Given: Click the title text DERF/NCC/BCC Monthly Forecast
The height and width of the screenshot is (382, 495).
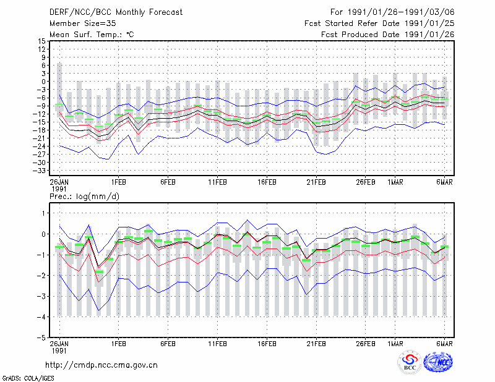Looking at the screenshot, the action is (x=116, y=12).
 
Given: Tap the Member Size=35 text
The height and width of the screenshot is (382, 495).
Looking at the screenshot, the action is (x=83, y=23).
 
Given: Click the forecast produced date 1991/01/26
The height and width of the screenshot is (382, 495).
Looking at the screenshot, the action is (x=429, y=35).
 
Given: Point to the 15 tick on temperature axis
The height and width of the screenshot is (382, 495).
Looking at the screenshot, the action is (x=41, y=41).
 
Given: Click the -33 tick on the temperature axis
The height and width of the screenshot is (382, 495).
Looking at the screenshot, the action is (x=40, y=171).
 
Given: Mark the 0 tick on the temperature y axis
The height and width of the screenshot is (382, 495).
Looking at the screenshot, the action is (x=43, y=82).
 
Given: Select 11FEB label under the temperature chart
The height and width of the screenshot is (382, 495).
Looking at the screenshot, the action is (x=217, y=182).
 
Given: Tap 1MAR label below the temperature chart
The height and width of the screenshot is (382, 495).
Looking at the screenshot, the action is (x=395, y=182).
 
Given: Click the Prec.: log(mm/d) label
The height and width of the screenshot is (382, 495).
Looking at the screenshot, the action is (x=84, y=197).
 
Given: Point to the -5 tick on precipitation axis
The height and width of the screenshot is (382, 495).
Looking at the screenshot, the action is (x=41, y=337).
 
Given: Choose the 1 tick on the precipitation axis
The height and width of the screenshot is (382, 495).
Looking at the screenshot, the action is (x=43, y=213).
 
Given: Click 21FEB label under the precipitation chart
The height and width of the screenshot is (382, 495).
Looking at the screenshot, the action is (x=316, y=344).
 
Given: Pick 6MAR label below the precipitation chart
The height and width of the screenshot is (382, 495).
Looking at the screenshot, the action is (x=444, y=344).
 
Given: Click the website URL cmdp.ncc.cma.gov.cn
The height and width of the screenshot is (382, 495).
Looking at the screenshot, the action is (x=101, y=365).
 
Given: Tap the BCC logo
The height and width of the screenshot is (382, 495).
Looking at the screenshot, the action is (x=410, y=363).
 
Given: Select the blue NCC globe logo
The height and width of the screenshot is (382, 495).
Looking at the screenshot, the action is (x=438, y=362).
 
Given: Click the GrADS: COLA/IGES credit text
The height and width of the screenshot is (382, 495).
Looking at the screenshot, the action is (x=28, y=378).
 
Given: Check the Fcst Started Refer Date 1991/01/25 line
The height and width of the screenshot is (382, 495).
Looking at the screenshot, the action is (x=379, y=23).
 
